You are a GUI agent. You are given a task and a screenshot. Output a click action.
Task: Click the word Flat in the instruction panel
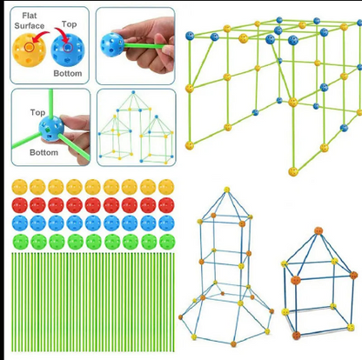(x=30, y=16)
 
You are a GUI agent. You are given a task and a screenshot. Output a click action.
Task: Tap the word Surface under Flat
(x=30, y=26)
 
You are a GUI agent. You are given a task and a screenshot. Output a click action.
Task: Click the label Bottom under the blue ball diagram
(x=68, y=73)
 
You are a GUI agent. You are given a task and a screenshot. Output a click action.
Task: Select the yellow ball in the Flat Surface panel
(x=29, y=50)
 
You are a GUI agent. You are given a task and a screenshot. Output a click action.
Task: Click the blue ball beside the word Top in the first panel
(x=68, y=50)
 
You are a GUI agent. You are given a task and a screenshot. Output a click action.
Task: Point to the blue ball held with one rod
(x=112, y=44)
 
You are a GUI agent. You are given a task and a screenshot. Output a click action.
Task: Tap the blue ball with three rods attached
(x=51, y=129)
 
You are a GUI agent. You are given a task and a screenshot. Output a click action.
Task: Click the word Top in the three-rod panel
(x=37, y=112)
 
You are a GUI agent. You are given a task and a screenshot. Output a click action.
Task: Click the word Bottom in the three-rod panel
(x=44, y=152)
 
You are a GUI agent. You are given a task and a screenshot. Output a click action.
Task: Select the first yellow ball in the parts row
(x=19, y=187)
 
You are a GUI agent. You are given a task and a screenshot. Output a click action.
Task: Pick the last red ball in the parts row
(x=166, y=205)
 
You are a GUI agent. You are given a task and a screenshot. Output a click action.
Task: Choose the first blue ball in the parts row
(x=20, y=223)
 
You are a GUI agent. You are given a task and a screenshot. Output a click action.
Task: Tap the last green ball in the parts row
(x=167, y=242)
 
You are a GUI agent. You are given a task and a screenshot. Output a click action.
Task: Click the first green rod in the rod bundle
(x=13, y=302)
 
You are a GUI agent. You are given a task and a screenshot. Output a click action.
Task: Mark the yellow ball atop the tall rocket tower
(x=226, y=190)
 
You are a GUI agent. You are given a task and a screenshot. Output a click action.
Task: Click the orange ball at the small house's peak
(x=318, y=231)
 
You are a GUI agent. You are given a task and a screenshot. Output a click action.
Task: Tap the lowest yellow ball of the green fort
(x=293, y=171)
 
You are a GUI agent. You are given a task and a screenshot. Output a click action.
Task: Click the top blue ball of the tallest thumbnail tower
(x=133, y=92)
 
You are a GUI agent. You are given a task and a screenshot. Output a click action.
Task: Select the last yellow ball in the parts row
(x=166, y=187)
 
